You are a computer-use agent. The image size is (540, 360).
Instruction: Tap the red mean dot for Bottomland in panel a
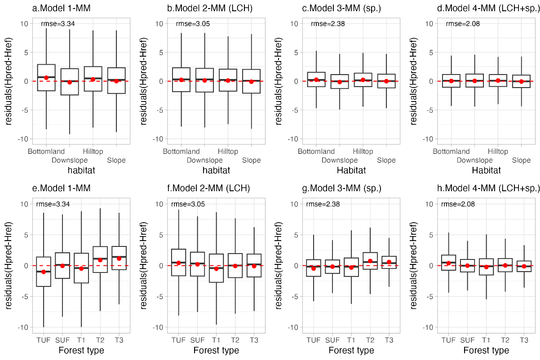click(x=46, y=78)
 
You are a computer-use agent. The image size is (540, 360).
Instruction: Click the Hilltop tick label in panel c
click(x=363, y=152)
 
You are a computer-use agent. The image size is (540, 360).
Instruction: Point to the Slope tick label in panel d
click(x=521, y=160)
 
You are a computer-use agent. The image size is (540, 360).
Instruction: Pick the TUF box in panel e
click(x=44, y=272)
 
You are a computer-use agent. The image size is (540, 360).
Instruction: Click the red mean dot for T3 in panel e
click(x=119, y=258)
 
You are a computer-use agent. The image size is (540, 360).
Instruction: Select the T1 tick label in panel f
click(x=216, y=340)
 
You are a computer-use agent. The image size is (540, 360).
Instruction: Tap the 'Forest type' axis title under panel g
click(x=351, y=351)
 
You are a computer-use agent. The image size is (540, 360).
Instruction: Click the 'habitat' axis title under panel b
click(x=216, y=171)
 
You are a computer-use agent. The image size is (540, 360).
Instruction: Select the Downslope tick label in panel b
click(x=204, y=160)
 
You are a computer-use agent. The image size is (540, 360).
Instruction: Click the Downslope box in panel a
click(x=69, y=82)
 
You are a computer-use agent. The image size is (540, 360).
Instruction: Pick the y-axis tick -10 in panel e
click(x=22, y=327)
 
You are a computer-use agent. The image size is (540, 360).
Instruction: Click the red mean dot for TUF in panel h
click(x=448, y=263)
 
